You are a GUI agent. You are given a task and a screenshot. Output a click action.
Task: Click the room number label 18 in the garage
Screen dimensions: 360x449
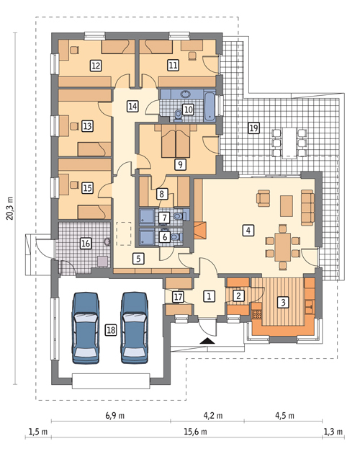111,330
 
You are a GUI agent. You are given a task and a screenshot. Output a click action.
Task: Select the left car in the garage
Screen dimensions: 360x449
86,328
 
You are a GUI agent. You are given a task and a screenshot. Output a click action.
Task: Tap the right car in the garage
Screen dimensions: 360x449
135,328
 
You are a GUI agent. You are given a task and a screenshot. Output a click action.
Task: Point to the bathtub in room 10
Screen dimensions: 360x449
210,106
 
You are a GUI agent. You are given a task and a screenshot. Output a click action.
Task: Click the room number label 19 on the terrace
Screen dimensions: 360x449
254,128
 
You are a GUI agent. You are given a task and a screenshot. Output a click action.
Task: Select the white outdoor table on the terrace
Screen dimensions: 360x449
289,143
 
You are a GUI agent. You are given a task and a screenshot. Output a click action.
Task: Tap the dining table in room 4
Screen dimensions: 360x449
283,246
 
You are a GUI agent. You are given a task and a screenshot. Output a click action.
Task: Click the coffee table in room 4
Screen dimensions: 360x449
287,206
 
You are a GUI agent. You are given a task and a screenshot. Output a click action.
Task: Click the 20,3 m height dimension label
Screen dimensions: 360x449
10,208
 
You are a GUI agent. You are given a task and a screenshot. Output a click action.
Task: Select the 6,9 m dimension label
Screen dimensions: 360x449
115,415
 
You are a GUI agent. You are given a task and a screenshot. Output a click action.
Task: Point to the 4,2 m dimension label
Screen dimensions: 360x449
213,415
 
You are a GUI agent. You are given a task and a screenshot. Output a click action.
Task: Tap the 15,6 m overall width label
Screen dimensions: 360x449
195,432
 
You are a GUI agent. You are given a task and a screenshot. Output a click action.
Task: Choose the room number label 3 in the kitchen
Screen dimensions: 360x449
283,302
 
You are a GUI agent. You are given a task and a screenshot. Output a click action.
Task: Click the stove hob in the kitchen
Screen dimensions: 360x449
256,314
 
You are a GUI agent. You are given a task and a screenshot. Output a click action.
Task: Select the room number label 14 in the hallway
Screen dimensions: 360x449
132,106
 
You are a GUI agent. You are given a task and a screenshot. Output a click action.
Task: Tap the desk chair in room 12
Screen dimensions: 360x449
74,50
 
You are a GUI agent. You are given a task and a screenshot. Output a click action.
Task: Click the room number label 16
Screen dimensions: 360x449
86,244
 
